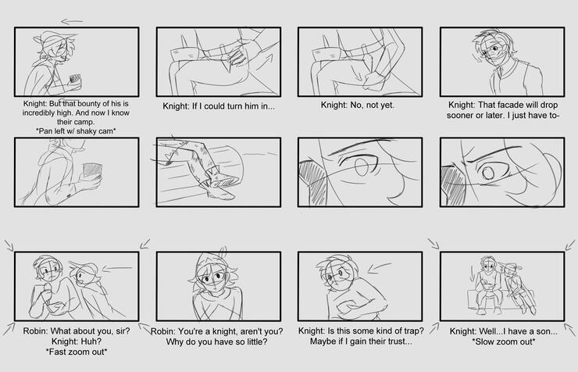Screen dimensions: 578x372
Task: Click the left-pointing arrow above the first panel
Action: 72,21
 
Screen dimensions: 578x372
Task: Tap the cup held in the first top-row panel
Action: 75,80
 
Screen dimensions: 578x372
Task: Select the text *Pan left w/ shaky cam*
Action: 77,131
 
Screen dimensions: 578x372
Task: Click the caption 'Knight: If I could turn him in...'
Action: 219,106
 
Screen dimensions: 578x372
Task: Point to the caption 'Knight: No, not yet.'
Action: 357,105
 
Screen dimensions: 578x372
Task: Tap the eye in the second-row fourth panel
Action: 489,172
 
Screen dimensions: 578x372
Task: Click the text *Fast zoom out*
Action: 77,352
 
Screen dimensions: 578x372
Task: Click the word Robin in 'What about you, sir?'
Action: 35,331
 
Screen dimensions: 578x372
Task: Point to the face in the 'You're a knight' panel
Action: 213,277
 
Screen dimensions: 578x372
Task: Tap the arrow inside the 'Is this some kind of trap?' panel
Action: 380,267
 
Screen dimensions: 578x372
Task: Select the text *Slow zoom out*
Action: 504,342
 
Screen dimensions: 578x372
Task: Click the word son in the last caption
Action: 547,331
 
